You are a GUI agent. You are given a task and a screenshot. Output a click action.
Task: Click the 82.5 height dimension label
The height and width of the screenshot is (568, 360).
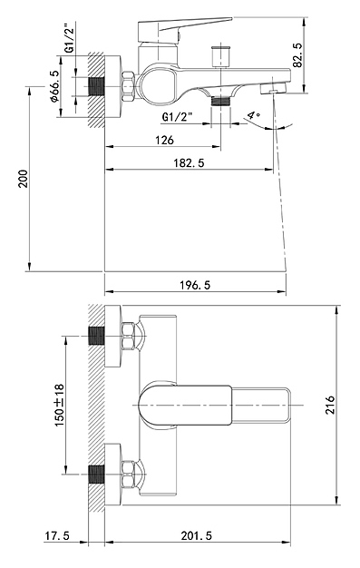(297, 54)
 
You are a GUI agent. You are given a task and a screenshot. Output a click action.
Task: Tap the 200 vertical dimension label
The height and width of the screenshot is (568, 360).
(23, 178)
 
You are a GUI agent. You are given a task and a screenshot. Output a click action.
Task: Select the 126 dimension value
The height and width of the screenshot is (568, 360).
(164, 140)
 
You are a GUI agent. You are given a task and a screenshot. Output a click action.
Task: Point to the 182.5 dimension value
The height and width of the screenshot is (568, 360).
(189, 162)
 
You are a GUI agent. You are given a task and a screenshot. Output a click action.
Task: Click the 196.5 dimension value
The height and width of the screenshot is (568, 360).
(195, 285)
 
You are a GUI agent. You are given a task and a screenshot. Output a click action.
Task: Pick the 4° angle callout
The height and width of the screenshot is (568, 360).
(254, 115)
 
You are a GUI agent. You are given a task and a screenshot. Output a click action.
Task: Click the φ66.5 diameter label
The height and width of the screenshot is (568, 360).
(54, 86)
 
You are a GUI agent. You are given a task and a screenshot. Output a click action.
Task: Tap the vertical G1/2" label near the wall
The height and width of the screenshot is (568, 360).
(70, 38)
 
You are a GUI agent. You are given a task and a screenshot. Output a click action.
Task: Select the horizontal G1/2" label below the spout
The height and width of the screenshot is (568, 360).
(177, 117)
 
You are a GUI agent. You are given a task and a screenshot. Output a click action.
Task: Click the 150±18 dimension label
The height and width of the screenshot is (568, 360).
(59, 405)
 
